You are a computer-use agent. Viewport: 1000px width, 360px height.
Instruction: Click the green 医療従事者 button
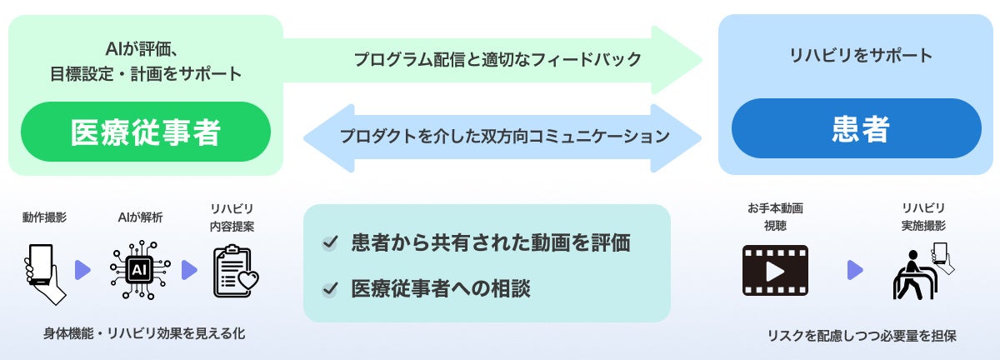click(146, 131)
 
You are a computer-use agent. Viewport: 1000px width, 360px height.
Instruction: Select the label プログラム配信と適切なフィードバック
click(497, 59)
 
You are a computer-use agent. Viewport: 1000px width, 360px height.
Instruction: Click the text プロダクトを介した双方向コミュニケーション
click(504, 136)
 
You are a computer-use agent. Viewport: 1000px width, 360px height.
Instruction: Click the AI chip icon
click(139, 270)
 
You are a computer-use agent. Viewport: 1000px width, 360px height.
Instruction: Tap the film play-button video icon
click(775, 270)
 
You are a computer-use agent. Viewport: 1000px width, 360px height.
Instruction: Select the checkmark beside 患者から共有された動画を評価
click(331, 243)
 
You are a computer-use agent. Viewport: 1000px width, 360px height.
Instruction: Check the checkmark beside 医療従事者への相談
click(331, 289)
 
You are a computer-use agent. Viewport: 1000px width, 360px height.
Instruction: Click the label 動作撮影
click(44, 217)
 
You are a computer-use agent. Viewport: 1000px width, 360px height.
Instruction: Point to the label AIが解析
click(139, 217)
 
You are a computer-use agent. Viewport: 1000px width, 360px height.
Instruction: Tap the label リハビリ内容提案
click(232, 217)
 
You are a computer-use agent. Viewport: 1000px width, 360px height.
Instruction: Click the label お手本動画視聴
click(775, 217)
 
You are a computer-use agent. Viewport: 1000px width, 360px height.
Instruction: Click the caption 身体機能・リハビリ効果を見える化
click(144, 333)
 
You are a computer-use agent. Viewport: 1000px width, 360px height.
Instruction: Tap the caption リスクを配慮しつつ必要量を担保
click(862, 336)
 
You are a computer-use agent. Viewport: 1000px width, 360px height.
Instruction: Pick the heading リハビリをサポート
click(860, 57)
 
